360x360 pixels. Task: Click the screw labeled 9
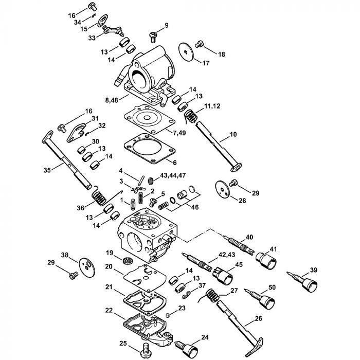[153, 35]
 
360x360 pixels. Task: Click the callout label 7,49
[180, 134]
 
